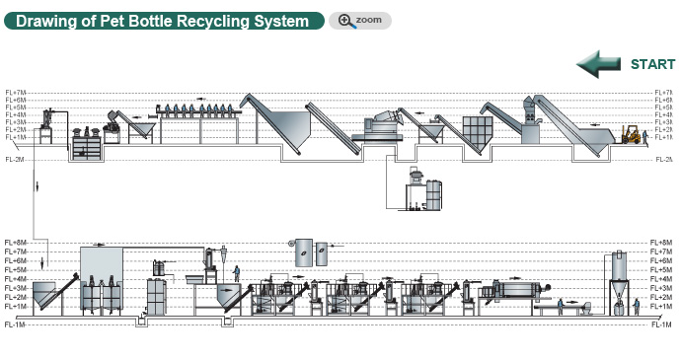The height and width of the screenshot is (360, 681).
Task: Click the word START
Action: pos(652,65)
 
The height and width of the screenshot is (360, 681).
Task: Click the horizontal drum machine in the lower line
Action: pos(518,289)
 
